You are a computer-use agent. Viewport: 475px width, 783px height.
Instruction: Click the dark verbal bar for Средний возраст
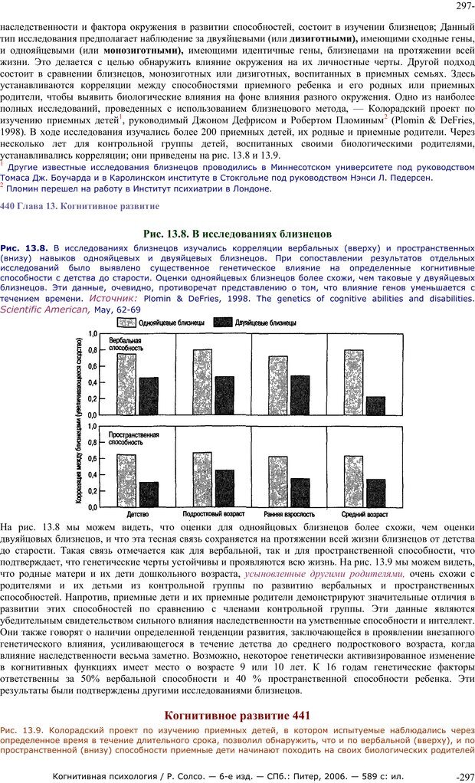pyautogui.click(x=375, y=405)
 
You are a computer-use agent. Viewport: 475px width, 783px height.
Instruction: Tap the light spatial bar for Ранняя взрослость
pyautogui.click(x=277, y=482)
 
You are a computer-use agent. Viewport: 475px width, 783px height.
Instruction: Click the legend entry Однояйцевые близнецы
pyautogui.click(x=165, y=323)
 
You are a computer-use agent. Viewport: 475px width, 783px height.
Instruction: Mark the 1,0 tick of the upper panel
pyautogui.click(x=93, y=334)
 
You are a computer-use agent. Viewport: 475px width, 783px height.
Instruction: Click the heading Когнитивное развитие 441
pyautogui.click(x=237, y=716)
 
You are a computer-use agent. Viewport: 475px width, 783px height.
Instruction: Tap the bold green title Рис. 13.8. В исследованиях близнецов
pyautogui.click(x=237, y=233)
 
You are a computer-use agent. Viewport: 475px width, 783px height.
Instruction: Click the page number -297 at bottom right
pyautogui.click(x=464, y=777)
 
